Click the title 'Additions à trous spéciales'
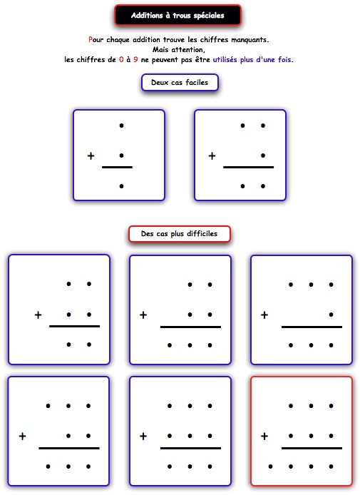click(x=178, y=15)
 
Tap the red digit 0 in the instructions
click(x=121, y=59)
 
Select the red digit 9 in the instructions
click(x=135, y=59)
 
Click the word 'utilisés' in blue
click(x=225, y=59)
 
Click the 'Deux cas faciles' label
click(x=180, y=83)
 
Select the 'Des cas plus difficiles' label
click(x=179, y=234)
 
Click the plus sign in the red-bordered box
click(x=264, y=437)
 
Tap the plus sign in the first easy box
click(x=91, y=155)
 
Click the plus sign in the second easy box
click(x=212, y=155)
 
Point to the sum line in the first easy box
click(x=117, y=167)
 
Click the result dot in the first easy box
click(x=121, y=186)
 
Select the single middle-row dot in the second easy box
click(x=263, y=155)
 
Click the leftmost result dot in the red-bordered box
click(x=270, y=466)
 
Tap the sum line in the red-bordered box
click(x=312, y=448)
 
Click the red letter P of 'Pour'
click(x=91, y=39)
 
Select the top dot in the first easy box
click(x=121, y=126)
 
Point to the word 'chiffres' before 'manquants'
click(x=215, y=39)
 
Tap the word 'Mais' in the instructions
click(x=160, y=49)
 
